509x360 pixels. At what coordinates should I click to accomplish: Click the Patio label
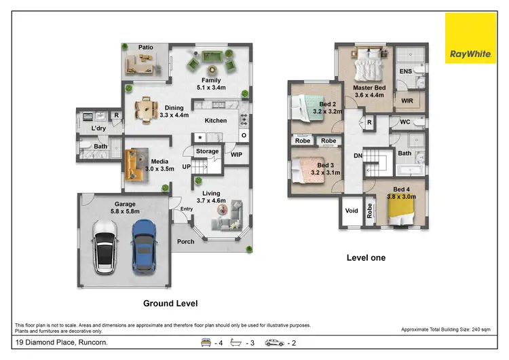pyautogui.click(x=146, y=48)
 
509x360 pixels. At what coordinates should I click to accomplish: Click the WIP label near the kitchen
pyautogui.click(x=237, y=154)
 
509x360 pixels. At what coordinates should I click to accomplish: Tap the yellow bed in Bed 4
pyautogui.click(x=395, y=211)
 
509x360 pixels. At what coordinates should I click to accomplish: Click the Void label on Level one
pyautogui.click(x=352, y=211)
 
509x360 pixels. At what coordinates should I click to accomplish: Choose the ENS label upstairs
pyautogui.click(x=406, y=71)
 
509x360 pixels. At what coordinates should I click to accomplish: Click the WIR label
pyautogui.click(x=407, y=101)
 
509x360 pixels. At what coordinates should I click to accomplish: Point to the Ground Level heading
pyautogui.click(x=170, y=304)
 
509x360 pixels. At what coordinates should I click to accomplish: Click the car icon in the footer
pyautogui.click(x=274, y=342)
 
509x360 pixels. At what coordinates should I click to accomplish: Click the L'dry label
pyautogui.click(x=99, y=128)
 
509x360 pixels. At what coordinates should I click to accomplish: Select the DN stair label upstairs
pyautogui.click(x=358, y=156)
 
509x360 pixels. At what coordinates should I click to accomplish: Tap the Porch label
pyautogui.click(x=185, y=241)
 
